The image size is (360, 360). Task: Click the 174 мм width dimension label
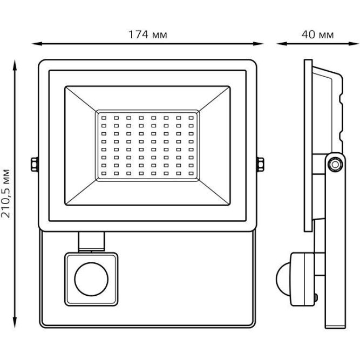(148, 35)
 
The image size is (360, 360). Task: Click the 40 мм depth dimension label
(317, 35)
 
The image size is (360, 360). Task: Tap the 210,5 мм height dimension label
(5, 194)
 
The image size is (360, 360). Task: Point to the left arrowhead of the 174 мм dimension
(37, 44)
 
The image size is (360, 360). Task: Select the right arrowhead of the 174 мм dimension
(258, 44)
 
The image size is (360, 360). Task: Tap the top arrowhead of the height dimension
(15, 65)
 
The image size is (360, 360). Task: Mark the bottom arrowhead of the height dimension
(15, 323)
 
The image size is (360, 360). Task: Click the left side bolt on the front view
(35, 165)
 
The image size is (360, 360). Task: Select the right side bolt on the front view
(260, 165)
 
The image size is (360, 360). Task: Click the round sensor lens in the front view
(91, 279)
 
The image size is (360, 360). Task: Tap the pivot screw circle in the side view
(335, 165)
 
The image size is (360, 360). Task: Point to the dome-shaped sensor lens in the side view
(283, 279)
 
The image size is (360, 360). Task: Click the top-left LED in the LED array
(104, 118)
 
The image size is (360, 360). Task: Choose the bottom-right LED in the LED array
(191, 173)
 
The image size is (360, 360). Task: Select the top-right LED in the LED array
(191, 118)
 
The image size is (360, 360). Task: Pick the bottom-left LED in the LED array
(104, 173)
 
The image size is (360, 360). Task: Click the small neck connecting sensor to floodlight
(91, 241)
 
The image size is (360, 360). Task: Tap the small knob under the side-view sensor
(316, 298)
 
